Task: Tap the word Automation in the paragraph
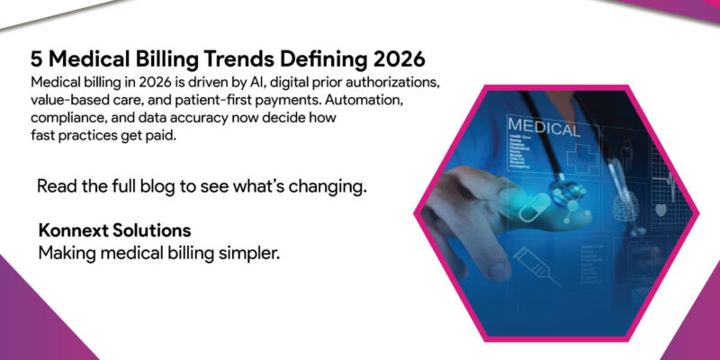[377, 100]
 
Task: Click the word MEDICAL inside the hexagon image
[544, 128]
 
